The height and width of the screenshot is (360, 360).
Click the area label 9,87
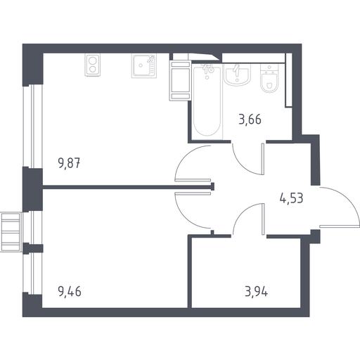tap(69, 163)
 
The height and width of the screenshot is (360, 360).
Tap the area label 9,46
tap(70, 292)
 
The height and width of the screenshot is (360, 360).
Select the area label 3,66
tap(250, 120)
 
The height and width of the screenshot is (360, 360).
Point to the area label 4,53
tap(292, 198)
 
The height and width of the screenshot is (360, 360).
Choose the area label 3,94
tap(256, 292)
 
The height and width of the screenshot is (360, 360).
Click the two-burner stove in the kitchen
tap(93, 65)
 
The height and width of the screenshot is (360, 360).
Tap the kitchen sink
tap(143, 66)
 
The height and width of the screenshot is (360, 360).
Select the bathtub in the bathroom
tap(207, 101)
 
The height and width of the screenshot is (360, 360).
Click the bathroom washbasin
tap(237, 74)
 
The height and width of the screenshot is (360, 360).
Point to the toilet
tap(269, 78)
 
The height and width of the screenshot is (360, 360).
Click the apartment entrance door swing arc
tap(347, 199)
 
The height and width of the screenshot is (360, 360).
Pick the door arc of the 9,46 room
tap(185, 217)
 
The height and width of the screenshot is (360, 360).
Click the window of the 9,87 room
tap(32, 126)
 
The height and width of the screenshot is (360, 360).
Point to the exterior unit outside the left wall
tap(11, 231)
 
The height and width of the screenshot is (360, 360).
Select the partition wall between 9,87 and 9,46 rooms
tap(128, 187)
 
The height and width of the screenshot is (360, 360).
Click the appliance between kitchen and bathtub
tap(180, 80)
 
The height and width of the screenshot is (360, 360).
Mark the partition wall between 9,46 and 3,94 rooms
tap(190, 272)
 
